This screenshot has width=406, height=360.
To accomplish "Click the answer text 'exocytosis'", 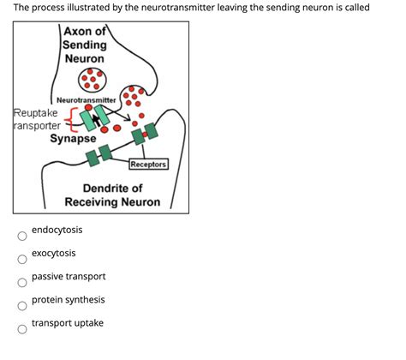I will [53, 253].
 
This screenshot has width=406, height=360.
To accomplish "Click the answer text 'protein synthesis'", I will [69, 299].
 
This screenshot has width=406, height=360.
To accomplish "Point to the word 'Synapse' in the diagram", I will [73, 138].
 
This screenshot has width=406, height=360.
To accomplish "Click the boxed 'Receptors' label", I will [148, 164].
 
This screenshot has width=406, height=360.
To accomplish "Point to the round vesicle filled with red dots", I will [91, 80].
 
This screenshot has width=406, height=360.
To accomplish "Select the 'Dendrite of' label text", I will [112, 188].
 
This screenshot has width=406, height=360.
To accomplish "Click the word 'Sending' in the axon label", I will [85, 45].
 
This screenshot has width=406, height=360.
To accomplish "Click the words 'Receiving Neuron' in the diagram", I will [112, 202].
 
